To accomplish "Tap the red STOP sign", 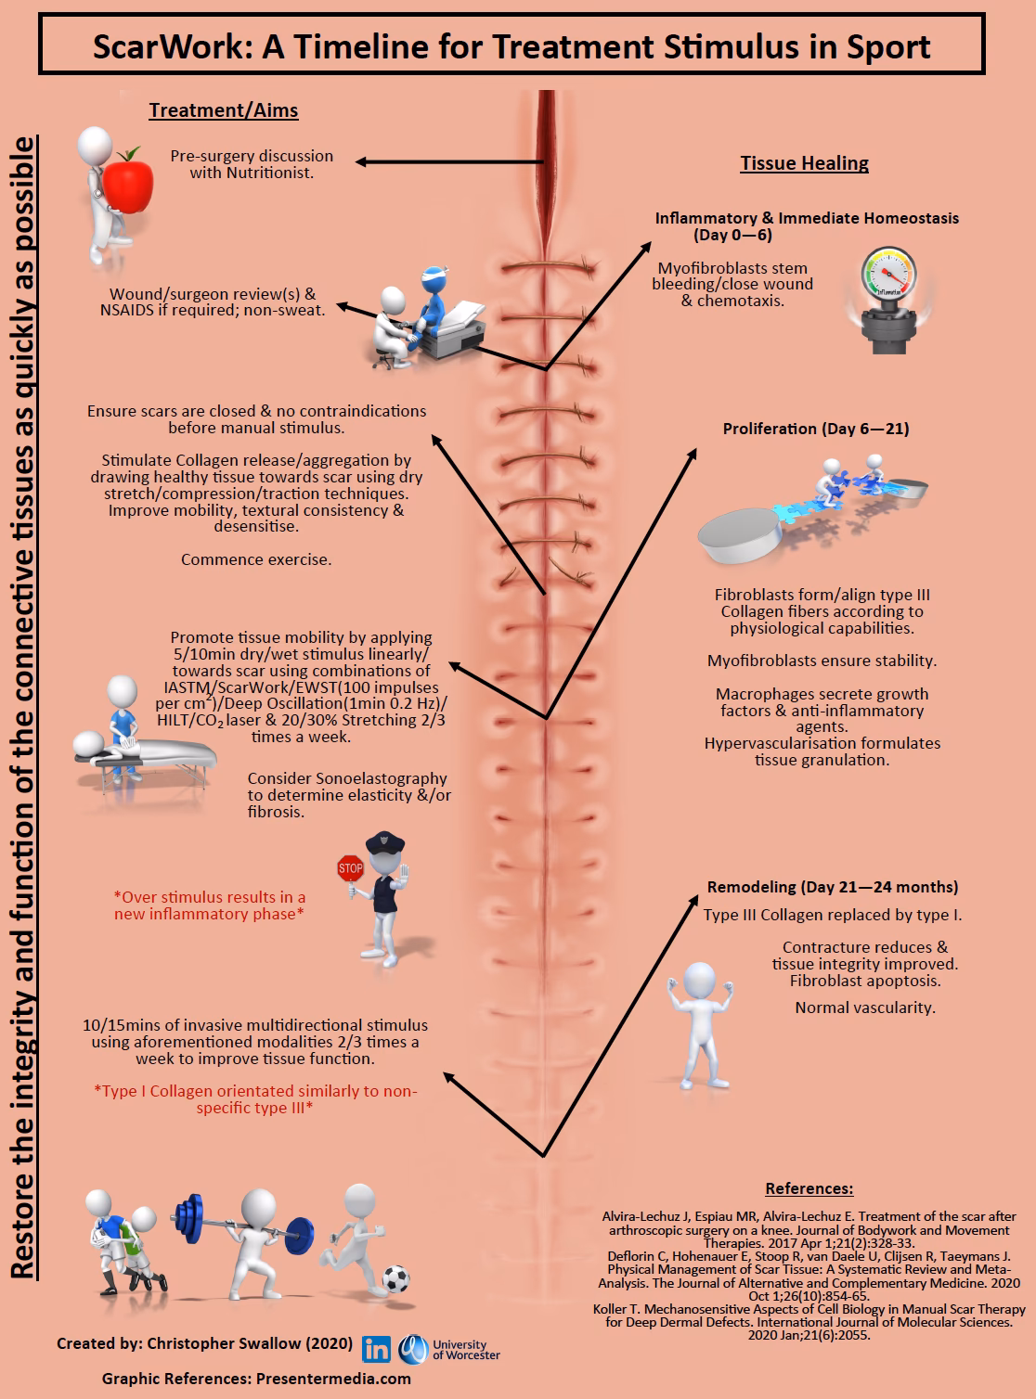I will pyautogui.click(x=350, y=869).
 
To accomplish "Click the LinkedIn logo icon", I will pyautogui.click(x=376, y=1349).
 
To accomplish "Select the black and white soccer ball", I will pyautogui.click(x=396, y=1279).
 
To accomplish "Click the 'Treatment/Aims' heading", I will pyautogui.click(x=224, y=110).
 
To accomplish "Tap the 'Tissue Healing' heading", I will pyautogui.click(x=804, y=163).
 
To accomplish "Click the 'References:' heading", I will pyautogui.click(x=809, y=1188).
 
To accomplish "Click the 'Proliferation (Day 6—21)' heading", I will pyautogui.click(x=816, y=429).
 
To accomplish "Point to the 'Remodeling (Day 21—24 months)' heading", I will pyautogui.click(x=833, y=887).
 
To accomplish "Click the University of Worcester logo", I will pyautogui.click(x=449, y=1349).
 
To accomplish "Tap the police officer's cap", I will pyautogui.click(x=385, y=842).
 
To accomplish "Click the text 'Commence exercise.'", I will pyautogui.click(x=256, y=559).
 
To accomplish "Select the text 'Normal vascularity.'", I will pyautogui.click(x=865, y=1008).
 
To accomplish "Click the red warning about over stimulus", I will pyautogui.click(x=209, y=905).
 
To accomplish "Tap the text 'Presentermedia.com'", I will pyautogui.click(x=331, y=1379).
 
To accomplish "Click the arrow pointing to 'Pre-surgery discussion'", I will pyautogui.click(x=446, y=162).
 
